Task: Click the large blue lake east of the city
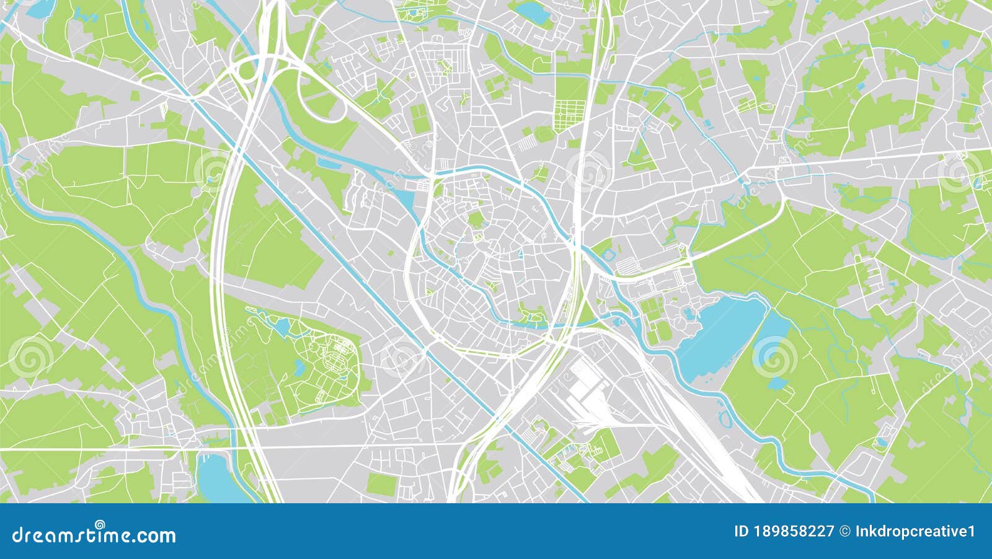(719, 332)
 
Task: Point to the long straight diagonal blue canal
(347, 260)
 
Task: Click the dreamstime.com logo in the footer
(94, 534)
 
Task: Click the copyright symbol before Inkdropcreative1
(845, 531)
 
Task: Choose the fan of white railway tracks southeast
(701, 434)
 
